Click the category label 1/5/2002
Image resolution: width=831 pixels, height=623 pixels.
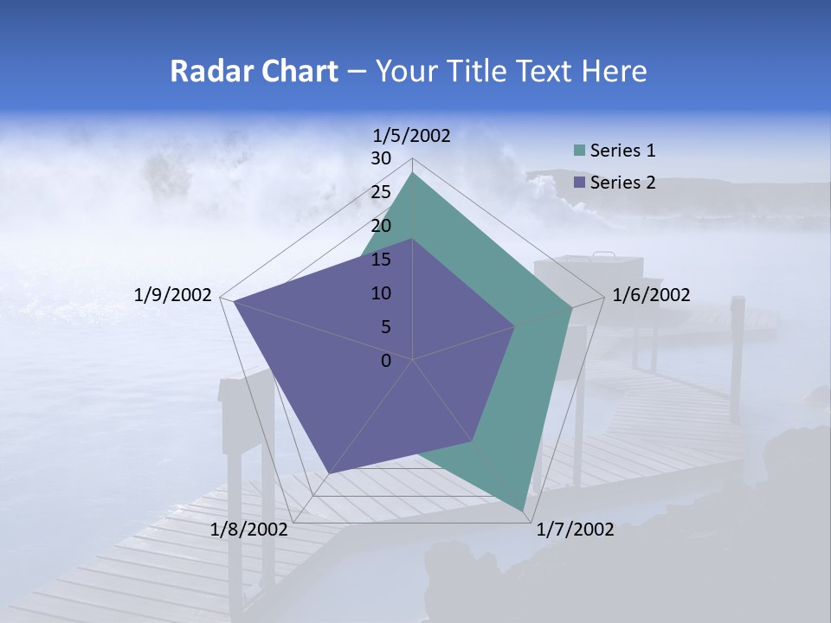(411, 135)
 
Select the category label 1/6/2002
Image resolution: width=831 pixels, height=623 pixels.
(651, 295)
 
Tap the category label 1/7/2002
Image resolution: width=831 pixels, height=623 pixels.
(575, 530)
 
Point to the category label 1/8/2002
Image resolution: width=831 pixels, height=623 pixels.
(249, 530)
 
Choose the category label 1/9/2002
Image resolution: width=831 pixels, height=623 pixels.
(173, 295)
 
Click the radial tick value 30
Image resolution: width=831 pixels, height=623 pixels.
(381, 158)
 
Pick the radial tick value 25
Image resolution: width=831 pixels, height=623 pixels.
(381, 192)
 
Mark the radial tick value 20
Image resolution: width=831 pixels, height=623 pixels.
(381, 226)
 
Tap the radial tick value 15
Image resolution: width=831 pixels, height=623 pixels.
(381, 260)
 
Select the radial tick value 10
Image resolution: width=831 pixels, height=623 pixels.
(381, 293)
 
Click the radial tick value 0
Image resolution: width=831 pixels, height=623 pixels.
(386, 361)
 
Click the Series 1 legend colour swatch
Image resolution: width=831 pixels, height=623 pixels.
(579, 151)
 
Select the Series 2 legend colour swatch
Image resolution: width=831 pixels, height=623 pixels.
(579, 183)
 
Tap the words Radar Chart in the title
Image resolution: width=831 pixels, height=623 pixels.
(254, 72)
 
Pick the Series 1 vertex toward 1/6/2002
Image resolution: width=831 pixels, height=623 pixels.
(572, 307)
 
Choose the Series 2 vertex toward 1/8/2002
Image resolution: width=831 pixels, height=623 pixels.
(330, 472)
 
